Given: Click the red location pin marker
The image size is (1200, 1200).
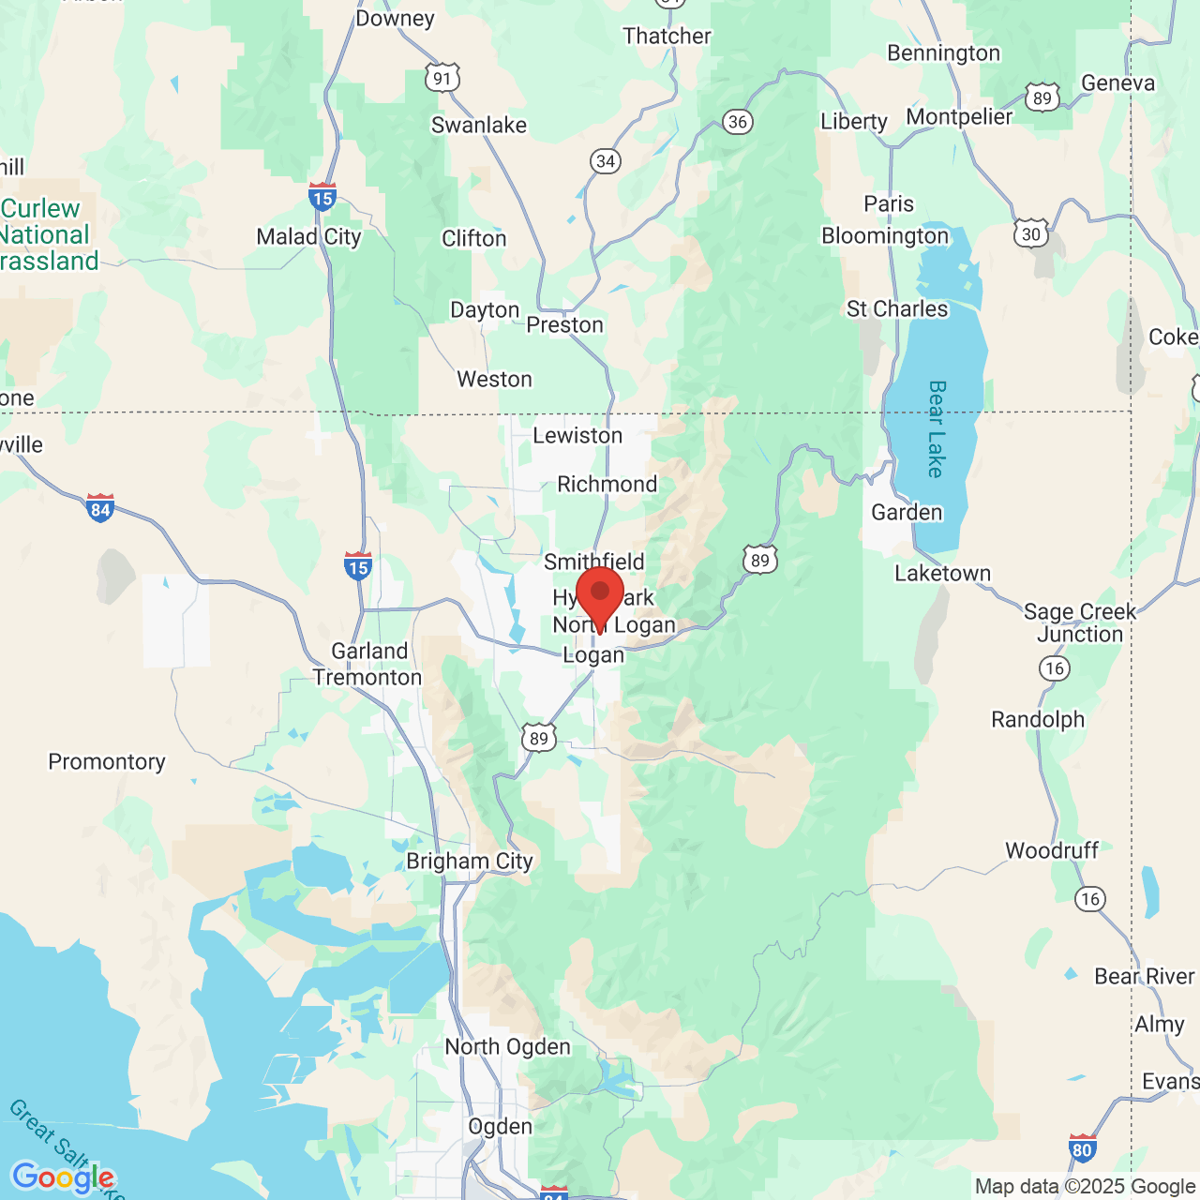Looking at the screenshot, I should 600,594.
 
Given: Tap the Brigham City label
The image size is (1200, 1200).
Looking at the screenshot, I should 470,861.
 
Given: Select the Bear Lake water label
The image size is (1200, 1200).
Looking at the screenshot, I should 936,428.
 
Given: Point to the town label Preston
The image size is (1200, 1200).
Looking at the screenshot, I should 564,324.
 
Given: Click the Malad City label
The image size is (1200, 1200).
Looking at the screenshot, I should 308,236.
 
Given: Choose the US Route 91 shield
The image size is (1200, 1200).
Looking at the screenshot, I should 442,78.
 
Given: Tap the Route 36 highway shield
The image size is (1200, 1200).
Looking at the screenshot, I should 738,122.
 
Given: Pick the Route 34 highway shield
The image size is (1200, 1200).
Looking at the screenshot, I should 606,161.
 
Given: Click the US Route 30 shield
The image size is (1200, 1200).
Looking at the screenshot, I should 1031,233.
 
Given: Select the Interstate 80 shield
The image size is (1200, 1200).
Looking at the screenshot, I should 1082,1148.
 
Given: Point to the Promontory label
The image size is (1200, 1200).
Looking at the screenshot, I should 107,761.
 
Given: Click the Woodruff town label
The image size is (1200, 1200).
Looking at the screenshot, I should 1051,850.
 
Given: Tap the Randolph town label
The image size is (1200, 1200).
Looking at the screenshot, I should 1038,719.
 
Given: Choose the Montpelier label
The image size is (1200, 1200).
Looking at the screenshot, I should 959,117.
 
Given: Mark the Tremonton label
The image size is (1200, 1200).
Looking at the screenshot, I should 367,677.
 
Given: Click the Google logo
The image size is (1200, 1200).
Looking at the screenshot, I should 63,1177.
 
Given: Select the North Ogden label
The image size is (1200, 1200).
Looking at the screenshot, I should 507,1046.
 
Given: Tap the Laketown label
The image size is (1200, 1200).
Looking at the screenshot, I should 942,573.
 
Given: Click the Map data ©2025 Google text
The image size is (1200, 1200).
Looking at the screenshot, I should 1085,1186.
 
